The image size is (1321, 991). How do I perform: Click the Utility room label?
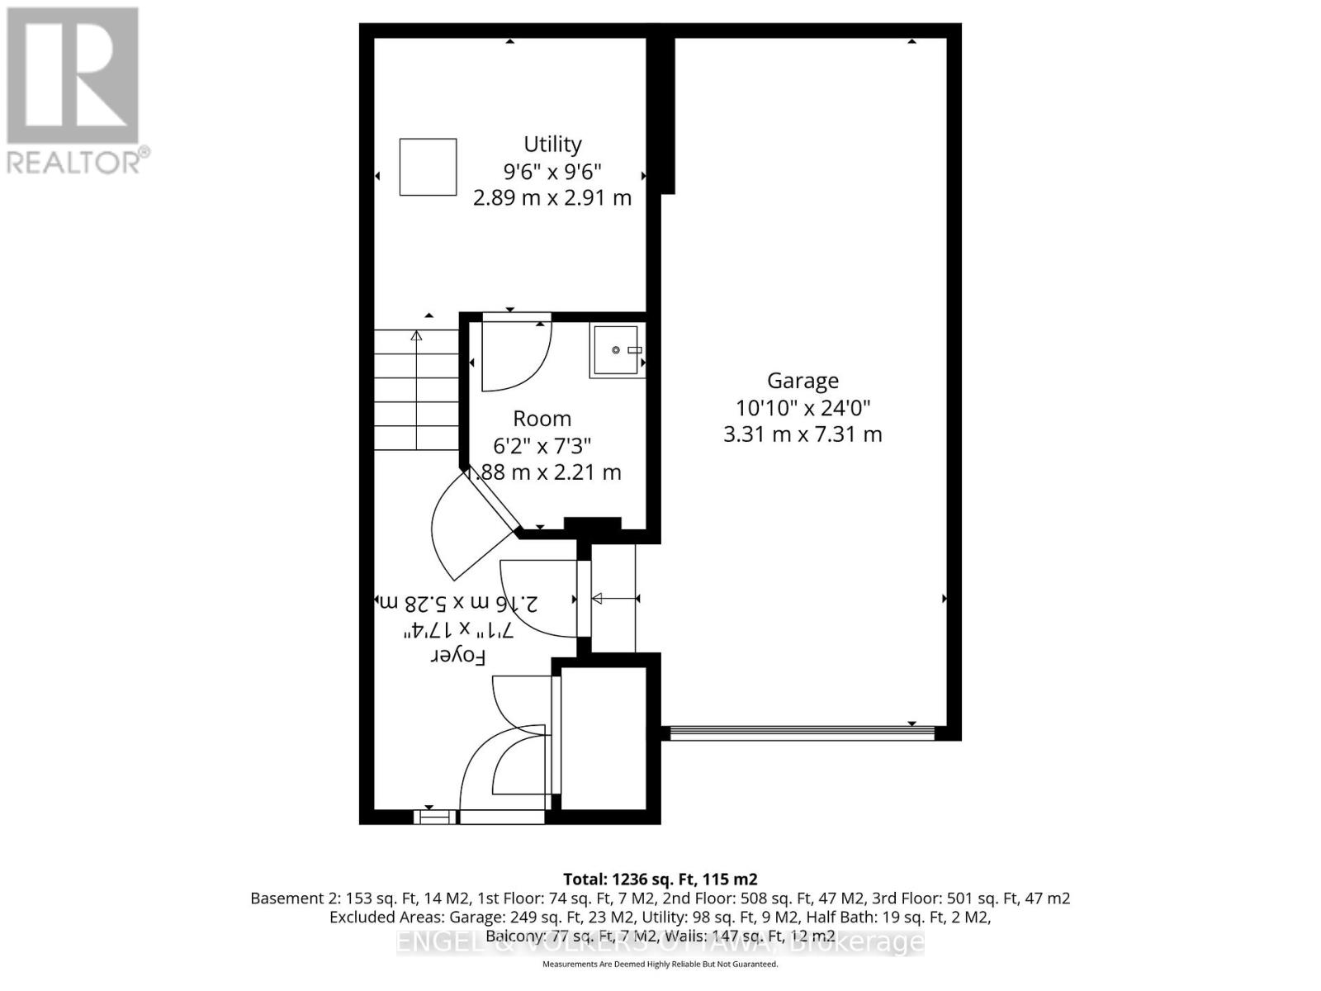point(552,145)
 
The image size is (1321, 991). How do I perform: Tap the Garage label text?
point(803,381)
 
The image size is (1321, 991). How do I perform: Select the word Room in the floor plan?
point(542,419)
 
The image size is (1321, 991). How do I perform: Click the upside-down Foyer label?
point(458,657)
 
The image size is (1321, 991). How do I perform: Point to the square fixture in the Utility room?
point(428,167)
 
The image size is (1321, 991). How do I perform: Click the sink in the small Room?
point(617,351)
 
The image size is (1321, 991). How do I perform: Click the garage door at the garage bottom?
point(801,732)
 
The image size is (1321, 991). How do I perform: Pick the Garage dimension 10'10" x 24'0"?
point(803,407)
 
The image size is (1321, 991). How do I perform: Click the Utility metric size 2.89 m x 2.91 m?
point(552,198)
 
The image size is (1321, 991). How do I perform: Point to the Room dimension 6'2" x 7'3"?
point(542,446)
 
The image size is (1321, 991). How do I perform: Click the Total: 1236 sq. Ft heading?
point(660,879)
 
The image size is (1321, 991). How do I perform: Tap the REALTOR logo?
point(74,91)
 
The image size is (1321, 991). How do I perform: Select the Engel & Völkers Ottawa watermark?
point(660,942)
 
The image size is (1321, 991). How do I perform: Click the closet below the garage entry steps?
point(604,739)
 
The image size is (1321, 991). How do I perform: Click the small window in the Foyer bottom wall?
point(434,818)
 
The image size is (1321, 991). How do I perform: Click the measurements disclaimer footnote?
point(660,964)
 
